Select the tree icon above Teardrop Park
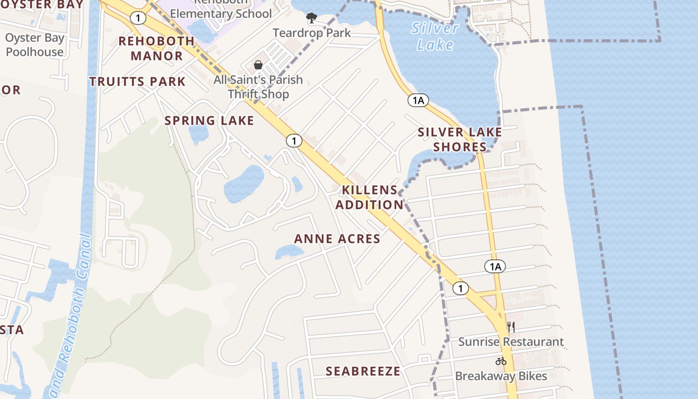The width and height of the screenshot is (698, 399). tap(312, 18)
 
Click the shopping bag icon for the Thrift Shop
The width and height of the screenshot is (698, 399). tap(258, 65)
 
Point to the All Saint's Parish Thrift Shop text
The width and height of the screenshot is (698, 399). tap(258, 87)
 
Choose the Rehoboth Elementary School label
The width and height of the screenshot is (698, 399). tap(221, 13)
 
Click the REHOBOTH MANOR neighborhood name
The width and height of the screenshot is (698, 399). tap(157, 48)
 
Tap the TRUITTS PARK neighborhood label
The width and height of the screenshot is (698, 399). tap(138, 82)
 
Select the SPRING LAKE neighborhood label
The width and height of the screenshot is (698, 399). tap(209, 121)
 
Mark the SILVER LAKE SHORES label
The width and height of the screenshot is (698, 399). tap(460, 139)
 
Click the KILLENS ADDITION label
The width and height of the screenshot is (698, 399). tap(369, 198)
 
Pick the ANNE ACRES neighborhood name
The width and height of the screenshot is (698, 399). tap(337, 239)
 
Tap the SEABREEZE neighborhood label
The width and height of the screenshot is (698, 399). tap(363, 371)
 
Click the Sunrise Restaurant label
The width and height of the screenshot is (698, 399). tap(511, 342)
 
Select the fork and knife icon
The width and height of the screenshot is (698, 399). tap(511, 327)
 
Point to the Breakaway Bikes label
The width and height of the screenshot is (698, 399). tap(501, 376)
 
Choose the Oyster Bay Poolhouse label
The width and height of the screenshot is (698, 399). tap(35, 45)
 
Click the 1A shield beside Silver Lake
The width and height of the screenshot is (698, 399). tap(418, 100)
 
